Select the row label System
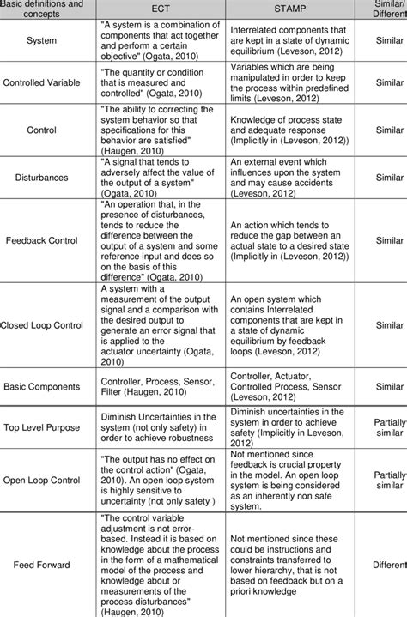tap(42, 40)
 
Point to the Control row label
tap(42, 130)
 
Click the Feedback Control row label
tap(42, 242)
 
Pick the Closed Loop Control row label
tap(42, 326)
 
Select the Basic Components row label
tap(42, 386)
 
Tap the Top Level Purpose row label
tap(42, 426)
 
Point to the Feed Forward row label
tap(42, 566)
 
